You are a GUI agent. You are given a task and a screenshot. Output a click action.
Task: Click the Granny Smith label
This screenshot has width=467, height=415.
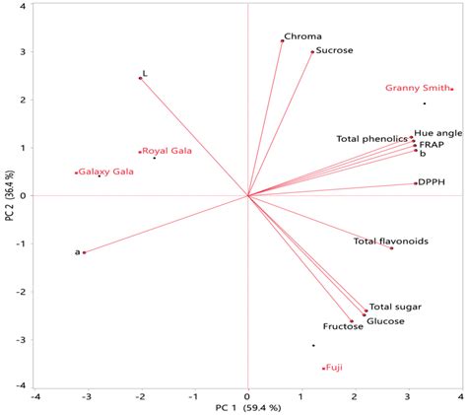pos(417,89)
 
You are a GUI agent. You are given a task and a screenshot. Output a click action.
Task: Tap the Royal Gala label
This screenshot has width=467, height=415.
pos(167,151)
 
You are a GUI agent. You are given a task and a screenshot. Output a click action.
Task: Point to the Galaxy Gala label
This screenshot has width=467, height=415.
pos(106,172)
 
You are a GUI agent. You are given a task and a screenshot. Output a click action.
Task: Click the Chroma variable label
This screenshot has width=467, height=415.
pos(302,35)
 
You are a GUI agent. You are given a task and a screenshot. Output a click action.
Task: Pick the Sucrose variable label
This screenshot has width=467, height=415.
pos(334,49)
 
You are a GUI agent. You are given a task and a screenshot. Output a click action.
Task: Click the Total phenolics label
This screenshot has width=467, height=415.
pos(371,139)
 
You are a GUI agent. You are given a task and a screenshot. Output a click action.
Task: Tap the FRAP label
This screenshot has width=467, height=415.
pos(432,144)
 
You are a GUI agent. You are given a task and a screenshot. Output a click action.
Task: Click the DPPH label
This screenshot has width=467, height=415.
pos(432,182)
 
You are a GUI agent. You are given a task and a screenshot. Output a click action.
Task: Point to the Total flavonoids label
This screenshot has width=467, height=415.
pos(390,242)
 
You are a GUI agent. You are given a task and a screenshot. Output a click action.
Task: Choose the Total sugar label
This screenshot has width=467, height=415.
pos(394,308)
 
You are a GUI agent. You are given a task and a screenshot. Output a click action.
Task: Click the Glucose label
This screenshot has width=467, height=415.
pos(385,321)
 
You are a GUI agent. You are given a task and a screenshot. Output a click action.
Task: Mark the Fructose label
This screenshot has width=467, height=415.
pos(343,326)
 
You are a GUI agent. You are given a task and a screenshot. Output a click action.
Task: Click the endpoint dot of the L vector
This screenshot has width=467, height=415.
pos(141,77)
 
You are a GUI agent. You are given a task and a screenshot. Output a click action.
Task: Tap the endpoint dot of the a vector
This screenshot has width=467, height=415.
pos(85,252)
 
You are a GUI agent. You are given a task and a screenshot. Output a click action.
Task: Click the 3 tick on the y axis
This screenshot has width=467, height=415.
pos(22,52)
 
